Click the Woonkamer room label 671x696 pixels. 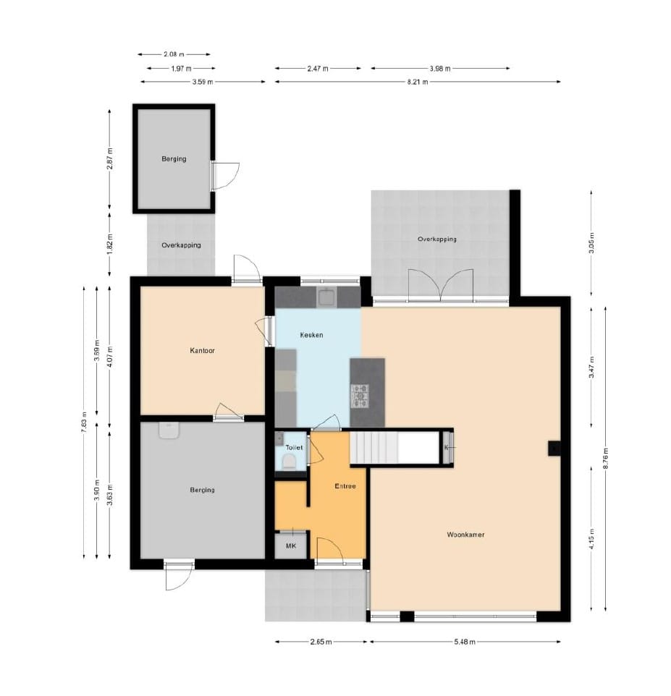(465, 535)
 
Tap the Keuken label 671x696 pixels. (311, 335)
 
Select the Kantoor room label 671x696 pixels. (202, 350)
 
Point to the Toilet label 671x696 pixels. (294, 447)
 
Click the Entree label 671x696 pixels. (345, 486)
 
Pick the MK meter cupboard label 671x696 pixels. (291, 546)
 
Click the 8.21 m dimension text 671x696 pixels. (418, 82)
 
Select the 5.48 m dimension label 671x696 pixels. (465, 642)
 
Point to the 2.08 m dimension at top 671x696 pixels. (174, 54)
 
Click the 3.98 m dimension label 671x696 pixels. (440, 68)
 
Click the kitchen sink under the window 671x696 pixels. (327, 297)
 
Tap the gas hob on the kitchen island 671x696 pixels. (360, 396)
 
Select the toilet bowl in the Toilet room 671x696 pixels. (289, 462)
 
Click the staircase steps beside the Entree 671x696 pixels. (374, 447)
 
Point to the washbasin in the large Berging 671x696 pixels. (169, 430)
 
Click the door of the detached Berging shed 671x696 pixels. (225, 176)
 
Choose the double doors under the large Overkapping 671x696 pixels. (441, 286)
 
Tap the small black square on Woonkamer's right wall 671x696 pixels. (554, 449)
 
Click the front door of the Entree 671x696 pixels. (330, 551)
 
